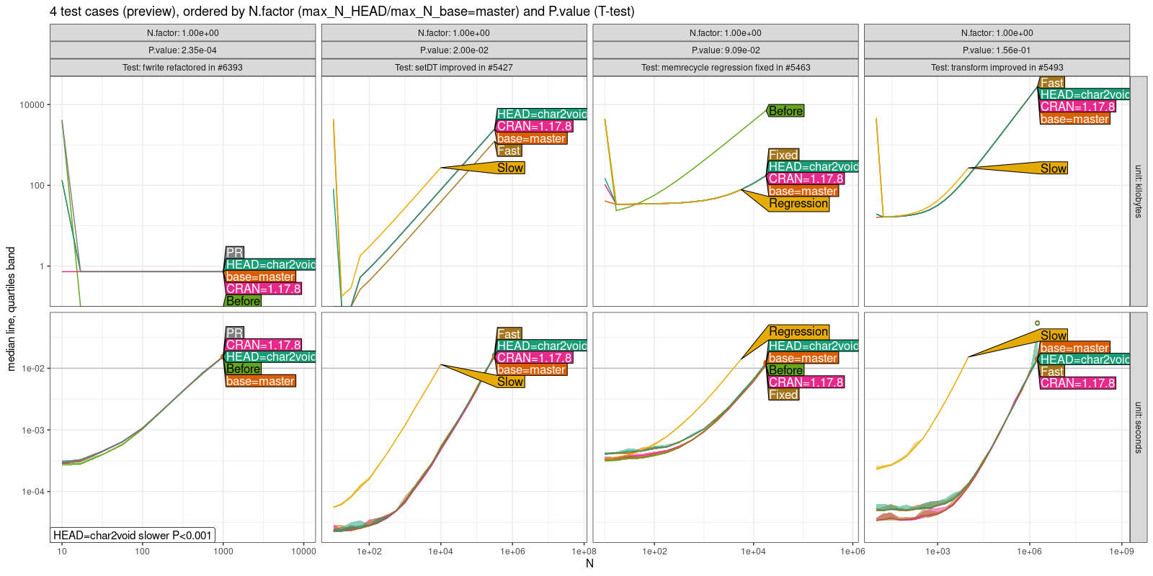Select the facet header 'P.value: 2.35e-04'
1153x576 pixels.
[182, 50]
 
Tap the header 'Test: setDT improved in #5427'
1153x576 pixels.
[454, 68]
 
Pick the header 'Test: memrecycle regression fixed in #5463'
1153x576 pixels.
[726, 68]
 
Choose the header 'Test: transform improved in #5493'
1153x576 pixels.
[997, 68]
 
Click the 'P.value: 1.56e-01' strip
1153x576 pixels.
[997, 50]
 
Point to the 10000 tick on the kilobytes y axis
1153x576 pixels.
[32, 105]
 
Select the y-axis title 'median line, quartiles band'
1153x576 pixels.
[11, 309]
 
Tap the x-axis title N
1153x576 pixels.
[589, 563]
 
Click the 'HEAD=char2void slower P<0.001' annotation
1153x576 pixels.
[133, 535]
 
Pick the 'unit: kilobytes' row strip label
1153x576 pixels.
[1139, 192]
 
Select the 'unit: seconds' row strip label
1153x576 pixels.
[1139, 427]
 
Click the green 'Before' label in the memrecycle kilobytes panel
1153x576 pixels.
[785, 111]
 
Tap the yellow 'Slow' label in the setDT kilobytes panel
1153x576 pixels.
[510, 168]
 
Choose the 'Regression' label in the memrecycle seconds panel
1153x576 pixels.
[798, 332]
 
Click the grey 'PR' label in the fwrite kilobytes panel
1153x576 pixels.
[234, 253]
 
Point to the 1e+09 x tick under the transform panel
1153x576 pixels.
[1121, 552]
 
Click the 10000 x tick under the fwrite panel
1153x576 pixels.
[303, 552]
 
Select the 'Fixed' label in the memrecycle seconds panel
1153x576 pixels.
[783, 395]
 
